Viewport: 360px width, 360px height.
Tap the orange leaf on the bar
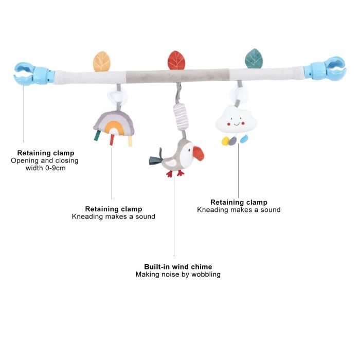click(101, 61)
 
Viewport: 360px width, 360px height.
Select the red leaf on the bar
click(176, 60)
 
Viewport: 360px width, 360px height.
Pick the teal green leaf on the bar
click(254, 59)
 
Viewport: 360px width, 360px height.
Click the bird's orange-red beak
click(197, 153)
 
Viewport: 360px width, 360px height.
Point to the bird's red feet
click(175, 173)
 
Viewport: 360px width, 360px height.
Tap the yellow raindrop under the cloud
click(226, 140)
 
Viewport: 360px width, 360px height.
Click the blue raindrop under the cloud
click(243, 139)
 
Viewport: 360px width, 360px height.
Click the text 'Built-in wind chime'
click(178, 266)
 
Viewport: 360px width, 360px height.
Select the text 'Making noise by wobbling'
click(178, 275)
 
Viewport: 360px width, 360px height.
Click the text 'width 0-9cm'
click(45, 168)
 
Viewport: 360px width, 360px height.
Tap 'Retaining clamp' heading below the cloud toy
click(239, 202)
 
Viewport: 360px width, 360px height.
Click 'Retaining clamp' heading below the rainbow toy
click(113, 209)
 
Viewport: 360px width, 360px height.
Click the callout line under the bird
click(174, 216)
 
